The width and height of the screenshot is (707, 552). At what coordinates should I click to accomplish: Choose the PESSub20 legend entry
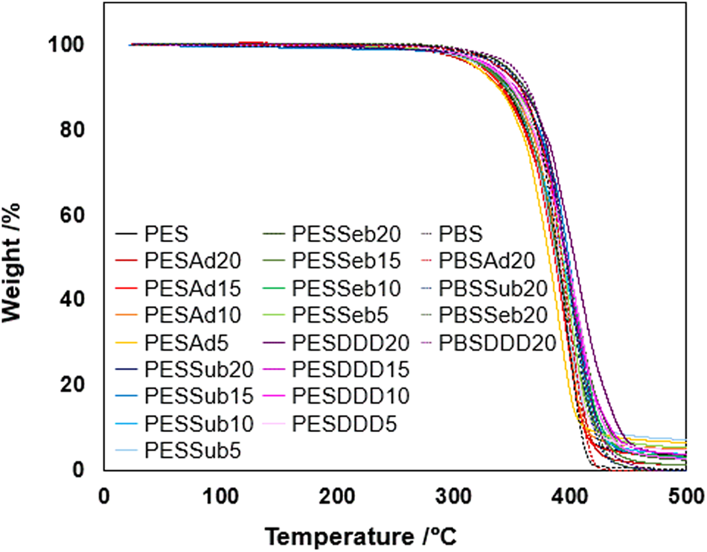coord(199,368)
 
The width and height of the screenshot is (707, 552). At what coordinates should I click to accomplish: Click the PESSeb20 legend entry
coord(347,235)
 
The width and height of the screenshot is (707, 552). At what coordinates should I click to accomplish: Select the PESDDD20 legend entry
coord(351,342)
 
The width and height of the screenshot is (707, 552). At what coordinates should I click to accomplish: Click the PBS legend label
coord(461,235)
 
